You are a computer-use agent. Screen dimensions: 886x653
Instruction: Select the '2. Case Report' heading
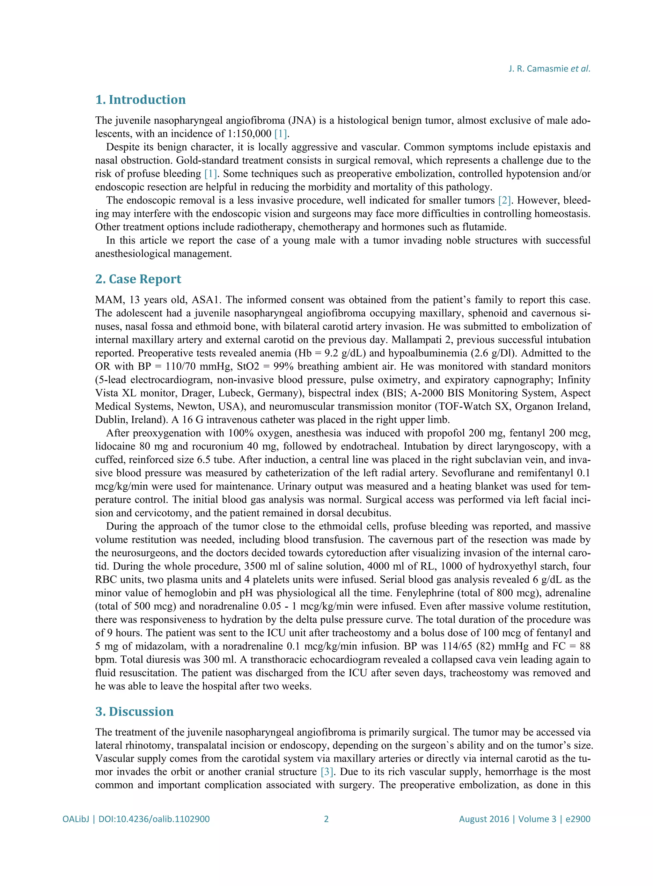138,279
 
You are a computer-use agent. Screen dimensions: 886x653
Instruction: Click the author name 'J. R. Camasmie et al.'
549,69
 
